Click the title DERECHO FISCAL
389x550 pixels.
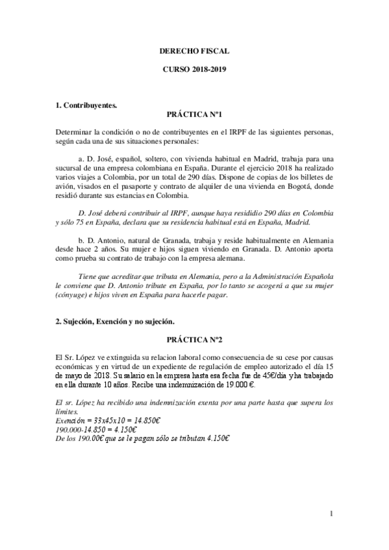pos(194,51)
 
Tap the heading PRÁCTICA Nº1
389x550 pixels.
pos(194,114)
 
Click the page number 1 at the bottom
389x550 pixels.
pos(332,514)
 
